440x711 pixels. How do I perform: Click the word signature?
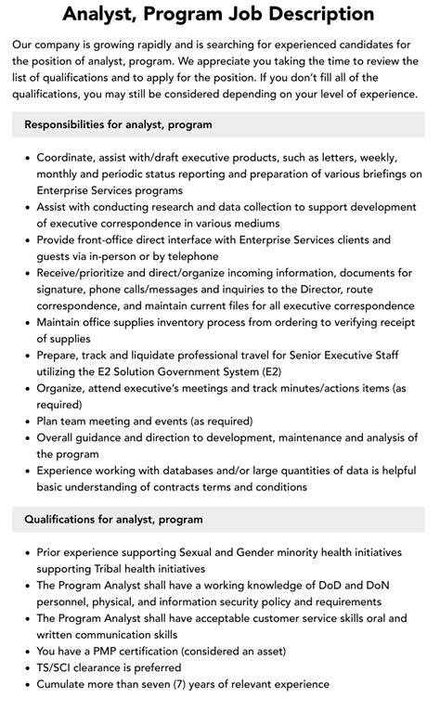click(x=66, y=289)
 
